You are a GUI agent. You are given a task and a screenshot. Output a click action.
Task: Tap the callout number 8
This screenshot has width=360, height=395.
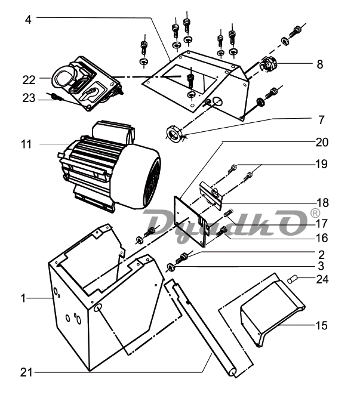(x=320, y=64)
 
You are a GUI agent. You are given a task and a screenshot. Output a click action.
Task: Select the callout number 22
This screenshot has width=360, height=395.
(x=29, y=78)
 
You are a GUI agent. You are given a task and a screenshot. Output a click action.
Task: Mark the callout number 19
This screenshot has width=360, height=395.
(x=321, y=163)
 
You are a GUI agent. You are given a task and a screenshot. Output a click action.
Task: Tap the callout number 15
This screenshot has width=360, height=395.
(x=321, y=325)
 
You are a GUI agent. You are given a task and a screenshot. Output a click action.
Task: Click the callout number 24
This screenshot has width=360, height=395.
(x=321, y=279)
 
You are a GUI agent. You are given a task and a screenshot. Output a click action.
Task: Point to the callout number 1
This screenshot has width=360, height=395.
(x=24, y=297)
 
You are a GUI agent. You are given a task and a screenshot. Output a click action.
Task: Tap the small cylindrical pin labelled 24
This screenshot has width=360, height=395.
(x=293, y=279)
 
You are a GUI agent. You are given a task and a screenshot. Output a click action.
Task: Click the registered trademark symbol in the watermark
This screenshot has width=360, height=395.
(x=315, y=213)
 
